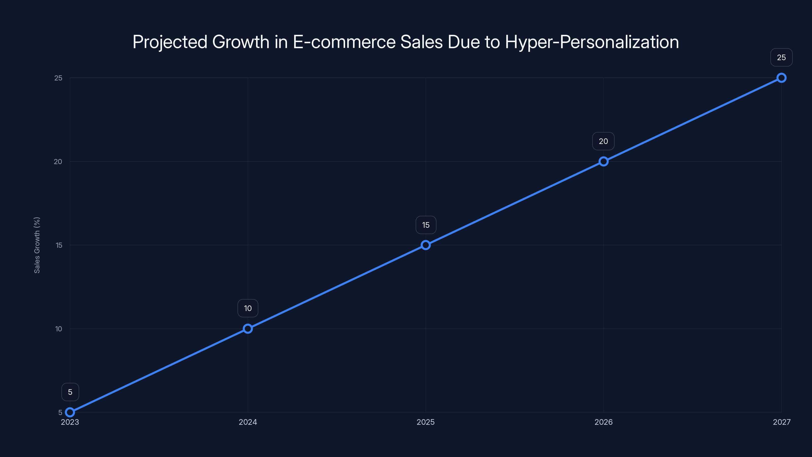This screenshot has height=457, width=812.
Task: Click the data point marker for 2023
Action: pos(70,412)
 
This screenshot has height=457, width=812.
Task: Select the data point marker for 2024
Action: pos(248,329)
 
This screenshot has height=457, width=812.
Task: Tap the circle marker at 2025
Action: pos(426,245)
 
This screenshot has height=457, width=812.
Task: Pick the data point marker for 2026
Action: pos(603,161)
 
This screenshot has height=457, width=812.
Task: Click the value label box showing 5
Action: pos(70,392)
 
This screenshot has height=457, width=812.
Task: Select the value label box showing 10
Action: pos(248,308)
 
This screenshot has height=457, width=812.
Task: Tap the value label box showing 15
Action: pos(426,225)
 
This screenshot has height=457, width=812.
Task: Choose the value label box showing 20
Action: pos(603,141)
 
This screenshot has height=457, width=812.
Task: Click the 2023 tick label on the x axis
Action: pos(70,422)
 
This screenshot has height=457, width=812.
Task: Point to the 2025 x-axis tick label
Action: pos(426,422)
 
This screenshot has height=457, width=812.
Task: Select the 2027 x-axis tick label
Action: pos(782,422)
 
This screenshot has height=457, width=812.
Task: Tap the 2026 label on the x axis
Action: pos(603,422)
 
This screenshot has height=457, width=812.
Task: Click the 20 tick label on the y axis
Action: pos(58,161)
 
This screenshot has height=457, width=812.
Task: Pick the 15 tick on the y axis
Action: pos(59,245)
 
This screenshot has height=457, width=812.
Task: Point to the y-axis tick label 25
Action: pos(58,78)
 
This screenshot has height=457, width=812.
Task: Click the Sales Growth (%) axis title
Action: pos(37,245)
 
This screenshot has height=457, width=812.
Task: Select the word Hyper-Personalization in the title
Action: pos(592,42)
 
